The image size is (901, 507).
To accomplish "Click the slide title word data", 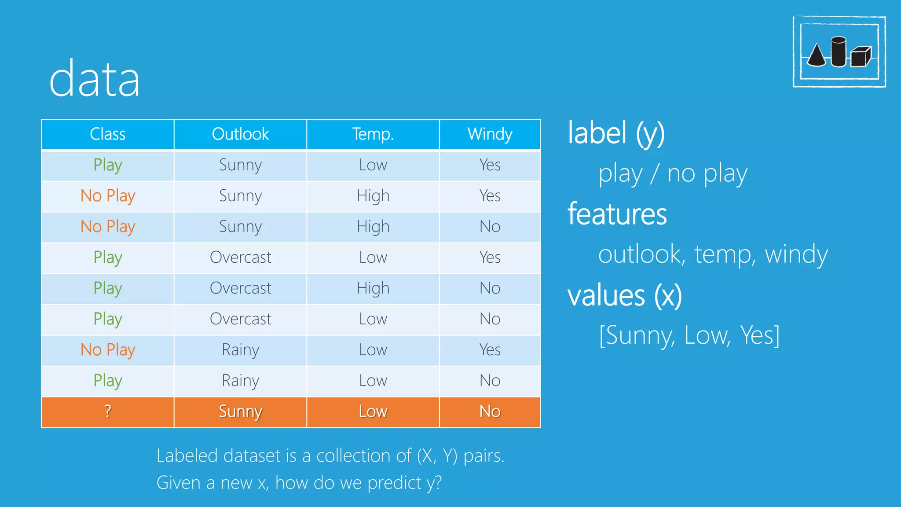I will tap(95, 80).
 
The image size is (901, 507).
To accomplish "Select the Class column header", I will tap(108, 134).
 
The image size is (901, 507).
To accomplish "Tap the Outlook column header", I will tap(240, 134).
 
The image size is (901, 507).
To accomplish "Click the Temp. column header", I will tap(373, 134).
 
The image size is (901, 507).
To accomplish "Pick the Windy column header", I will tap(490, 134).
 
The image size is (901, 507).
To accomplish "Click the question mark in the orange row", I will tap(108, 411).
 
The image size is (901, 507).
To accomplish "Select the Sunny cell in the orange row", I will tap(240, 411).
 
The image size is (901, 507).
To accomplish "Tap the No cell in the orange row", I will tap(490, 411).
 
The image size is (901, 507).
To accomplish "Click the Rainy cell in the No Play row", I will tap(240, 350).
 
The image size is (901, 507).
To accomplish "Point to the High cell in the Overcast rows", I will tap(373, 288).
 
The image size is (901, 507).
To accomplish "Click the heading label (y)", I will tap(616, 133).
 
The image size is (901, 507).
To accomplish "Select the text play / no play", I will tap(673, 174).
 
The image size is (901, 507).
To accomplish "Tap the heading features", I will tap(617, 214).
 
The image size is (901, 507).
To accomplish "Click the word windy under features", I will tap(796, 255).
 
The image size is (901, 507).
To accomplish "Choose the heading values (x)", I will tap(625, 295).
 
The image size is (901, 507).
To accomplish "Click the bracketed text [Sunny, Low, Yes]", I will tap(689, 336).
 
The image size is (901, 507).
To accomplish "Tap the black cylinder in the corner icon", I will tap(839, 52).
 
